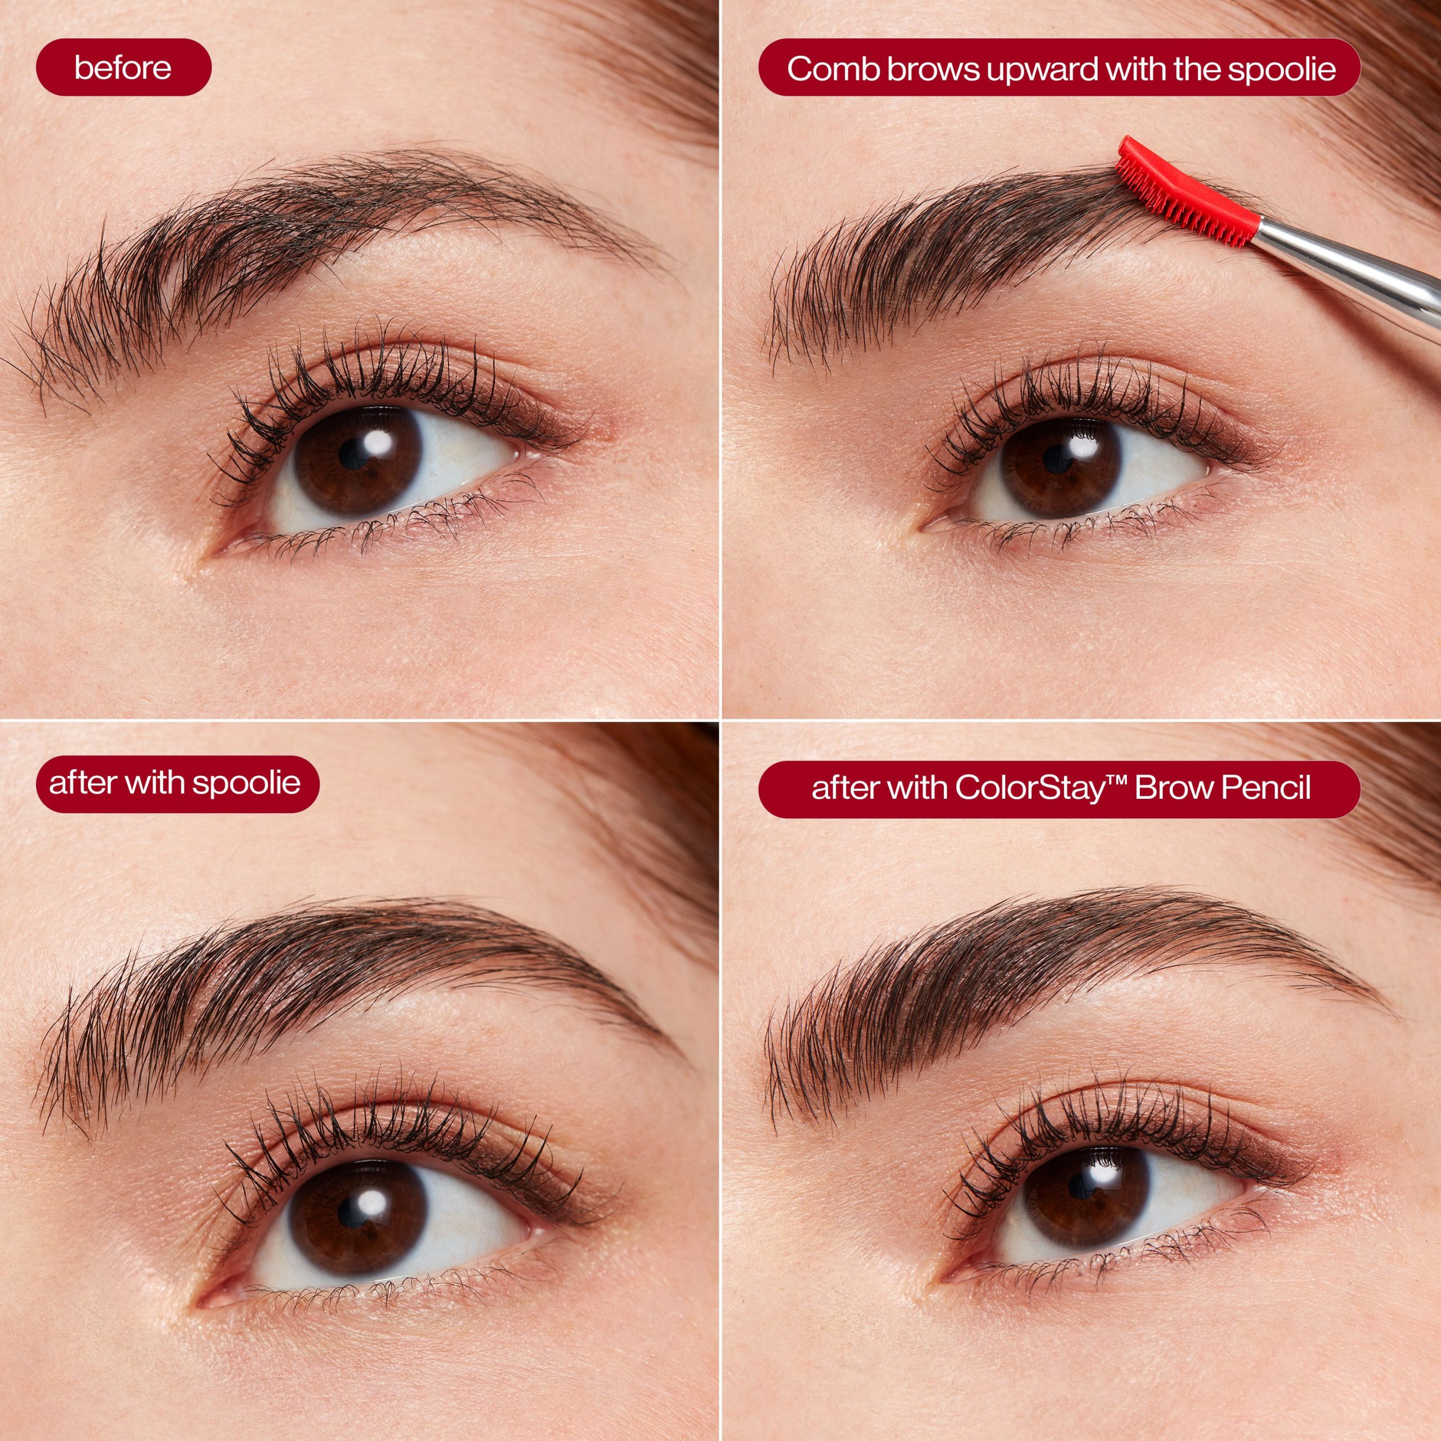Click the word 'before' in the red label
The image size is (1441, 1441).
pyautogui.click(x=123, y=68)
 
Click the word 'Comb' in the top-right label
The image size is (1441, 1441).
pyautogui.click(x=833, y=69)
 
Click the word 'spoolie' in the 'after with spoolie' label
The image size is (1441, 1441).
pyautogui.click(x=246, y=783)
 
